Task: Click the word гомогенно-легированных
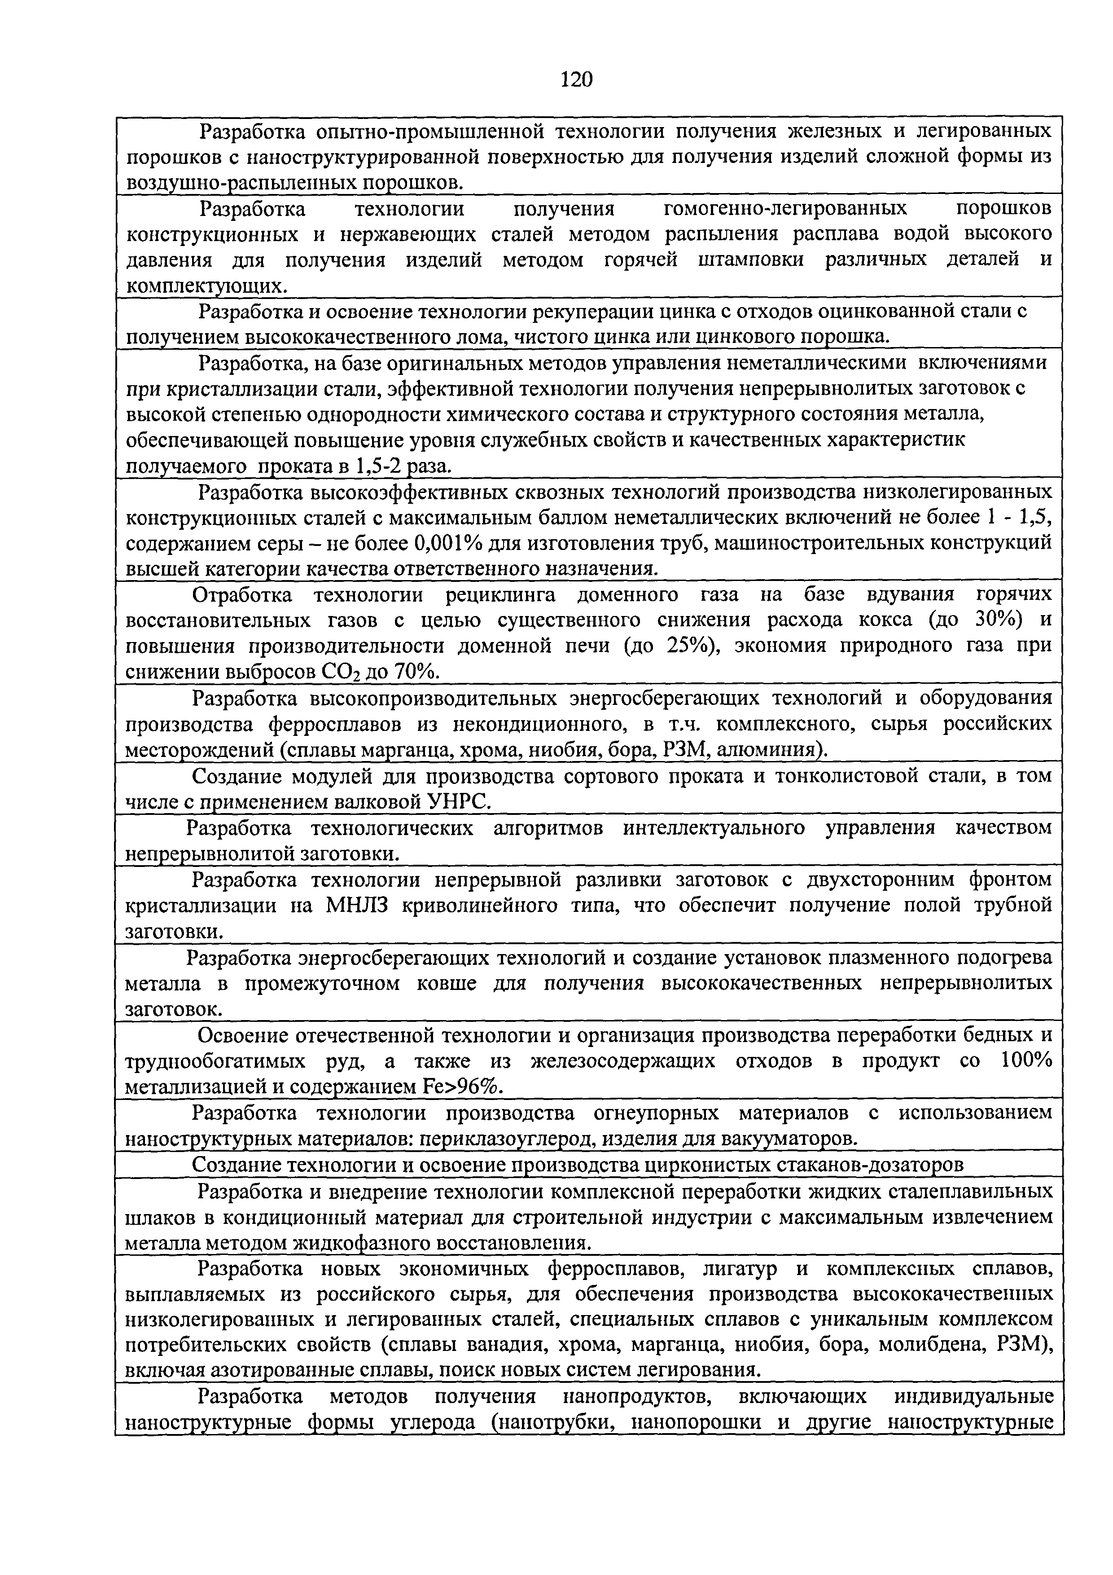click(785, 208)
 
